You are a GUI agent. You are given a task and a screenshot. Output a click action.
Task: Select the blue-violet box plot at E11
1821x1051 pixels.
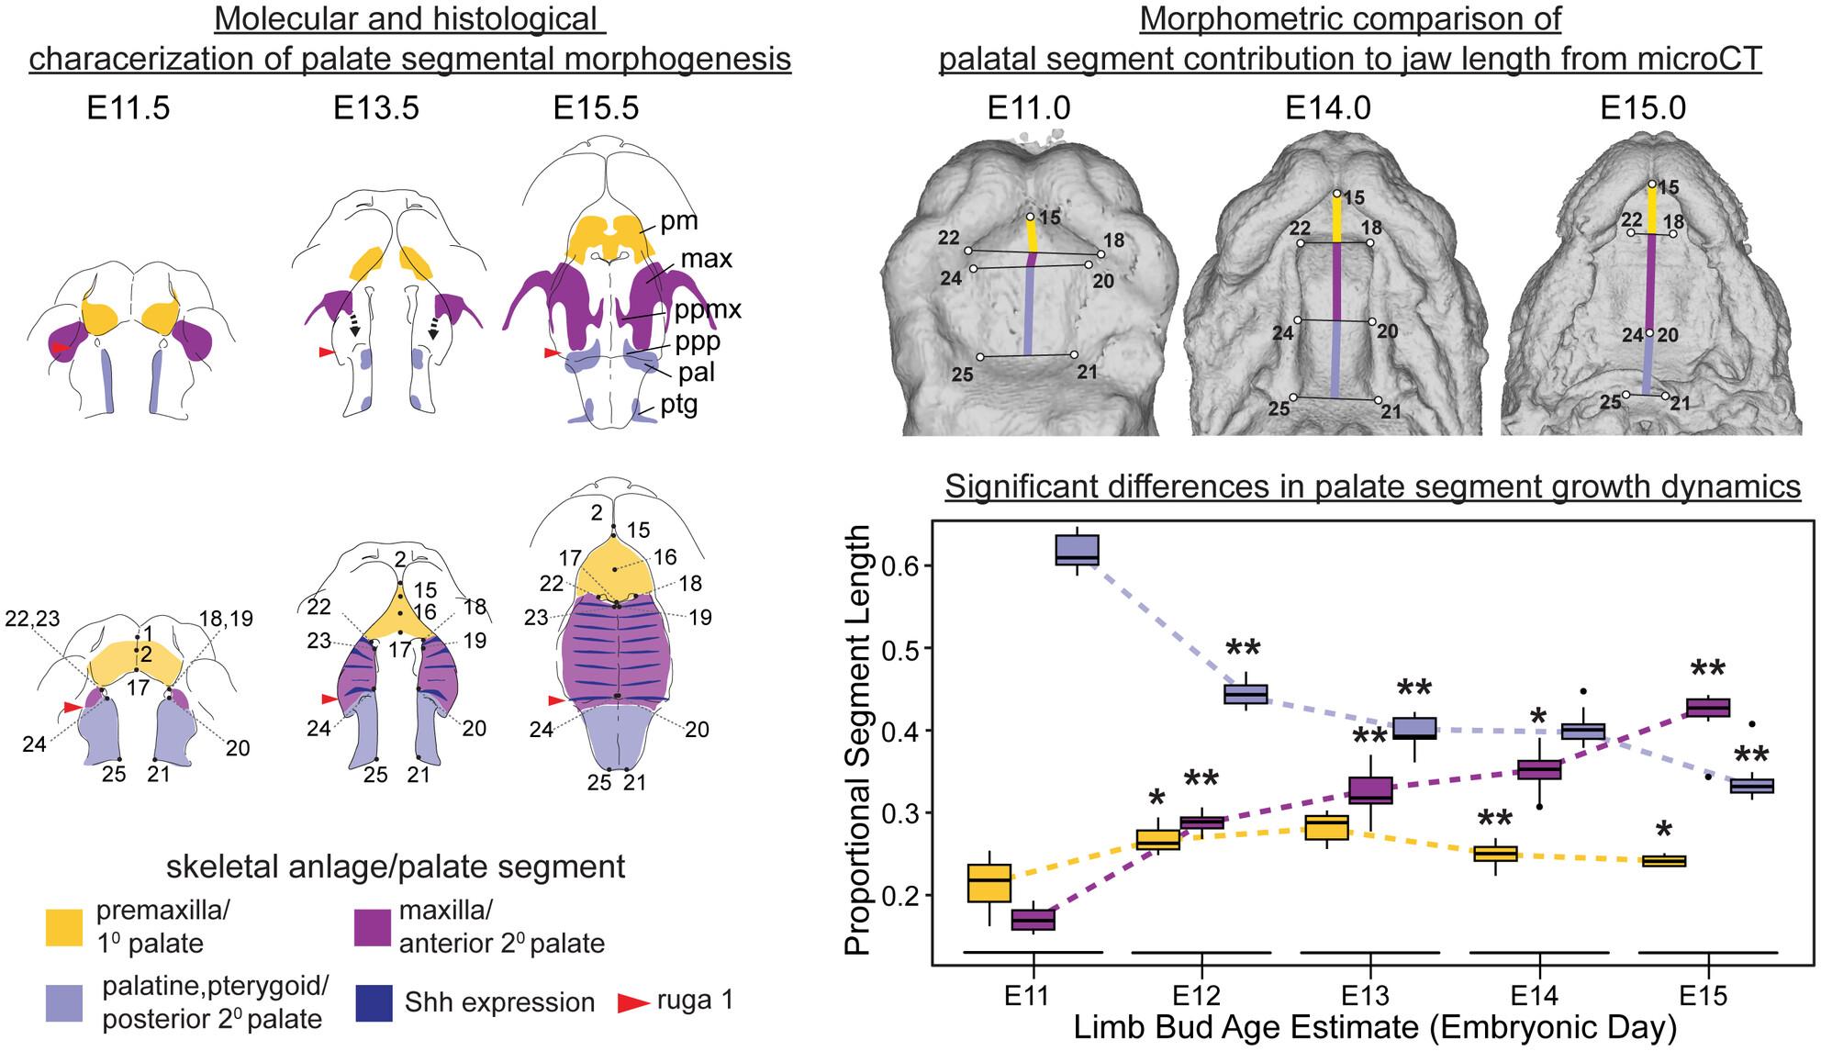point(1078,551)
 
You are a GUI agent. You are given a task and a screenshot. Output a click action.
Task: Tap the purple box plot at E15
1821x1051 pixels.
point(1708,708)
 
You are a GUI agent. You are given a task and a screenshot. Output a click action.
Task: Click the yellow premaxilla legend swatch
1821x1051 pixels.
point(67,926)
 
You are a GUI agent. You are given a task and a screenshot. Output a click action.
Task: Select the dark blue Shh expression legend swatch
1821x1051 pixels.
point(374,1002)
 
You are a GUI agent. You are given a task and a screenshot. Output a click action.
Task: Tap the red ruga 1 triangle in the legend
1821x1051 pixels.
point(631,1002)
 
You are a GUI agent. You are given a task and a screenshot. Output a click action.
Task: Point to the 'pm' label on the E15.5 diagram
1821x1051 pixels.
point(679,221)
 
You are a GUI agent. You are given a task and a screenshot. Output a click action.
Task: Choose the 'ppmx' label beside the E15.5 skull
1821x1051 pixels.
point(708,308)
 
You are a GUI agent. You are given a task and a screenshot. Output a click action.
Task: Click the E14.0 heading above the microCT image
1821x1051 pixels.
point(1328,108)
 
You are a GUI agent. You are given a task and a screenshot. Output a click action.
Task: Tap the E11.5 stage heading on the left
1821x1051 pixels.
point(128,108)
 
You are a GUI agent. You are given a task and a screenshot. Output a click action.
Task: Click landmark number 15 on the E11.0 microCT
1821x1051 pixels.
point(1049,218)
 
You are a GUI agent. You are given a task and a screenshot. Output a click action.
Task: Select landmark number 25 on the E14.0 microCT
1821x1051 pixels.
point(1279,408)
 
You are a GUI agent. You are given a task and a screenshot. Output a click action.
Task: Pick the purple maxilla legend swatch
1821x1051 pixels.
point(373,926)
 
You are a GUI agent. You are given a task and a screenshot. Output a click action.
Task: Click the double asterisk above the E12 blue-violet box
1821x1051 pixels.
point(1244,650)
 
